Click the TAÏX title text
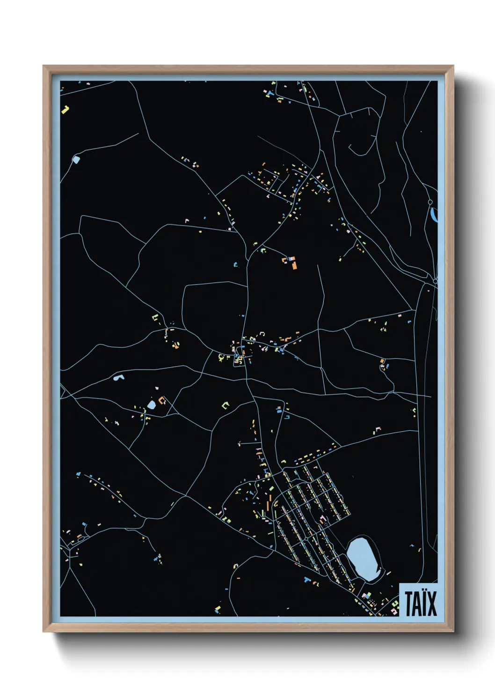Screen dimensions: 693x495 (x=421, y=603)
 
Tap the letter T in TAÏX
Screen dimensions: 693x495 (x=408, y=604)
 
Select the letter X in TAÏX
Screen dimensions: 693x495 (x=431, y=604)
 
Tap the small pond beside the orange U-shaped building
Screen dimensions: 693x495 (x=152, y=405)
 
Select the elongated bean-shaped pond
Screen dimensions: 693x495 (x=118, y=376)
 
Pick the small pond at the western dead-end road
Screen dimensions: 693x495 (x=76, y=159)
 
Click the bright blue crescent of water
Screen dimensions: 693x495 (x=433, y=215)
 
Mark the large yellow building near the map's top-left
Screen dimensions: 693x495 (x=65, y=110)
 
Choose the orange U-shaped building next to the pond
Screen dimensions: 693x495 (x=162, y=400)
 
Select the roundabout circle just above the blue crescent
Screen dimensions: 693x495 (x=430, y=202)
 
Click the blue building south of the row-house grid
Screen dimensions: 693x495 (x=306, y=580)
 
